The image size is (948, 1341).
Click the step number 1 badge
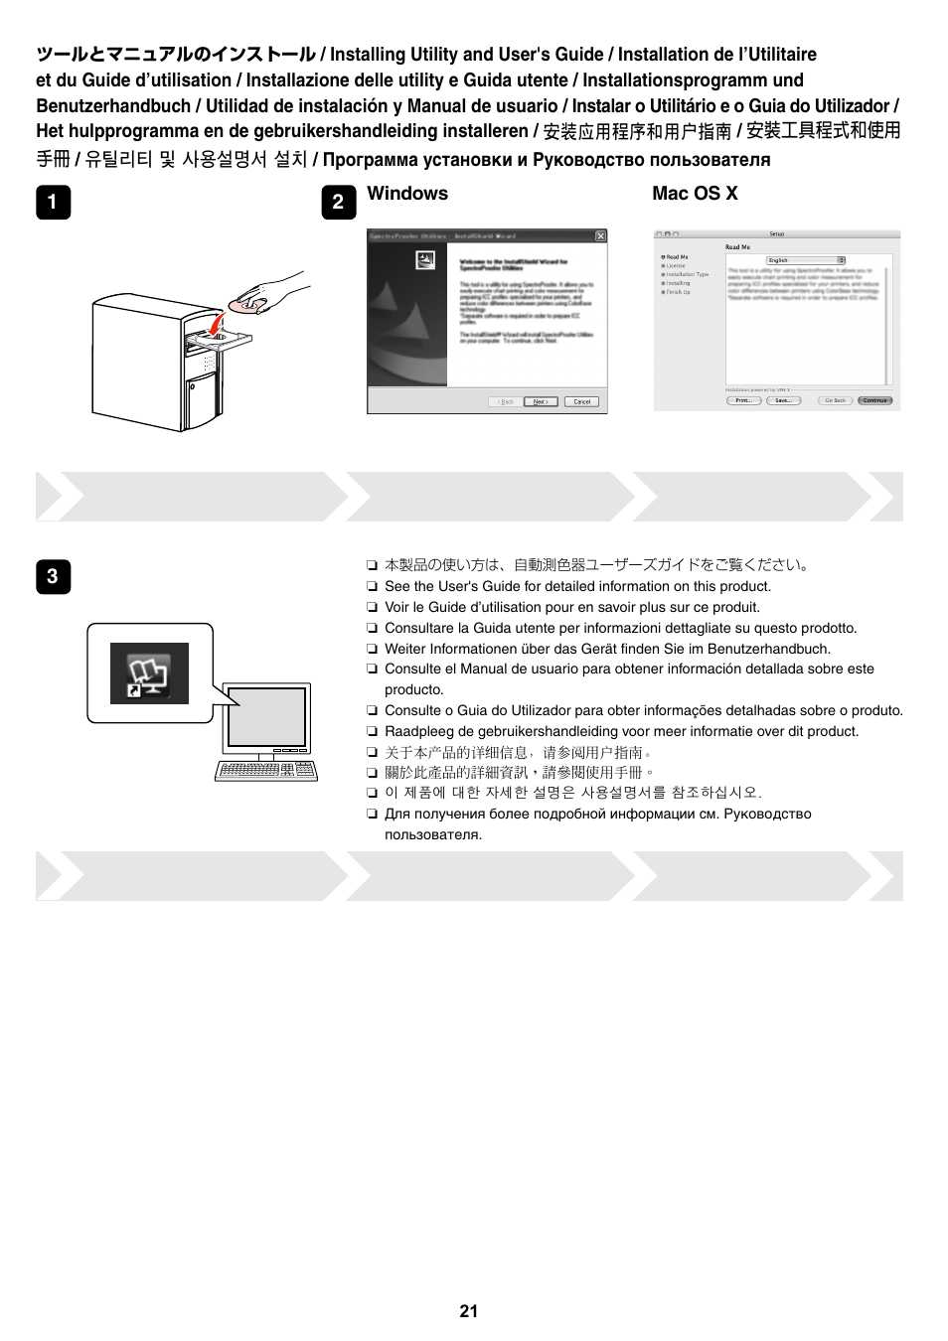coord(53,202)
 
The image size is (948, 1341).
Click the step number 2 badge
coord(338,202)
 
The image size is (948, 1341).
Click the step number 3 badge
coord(53,576)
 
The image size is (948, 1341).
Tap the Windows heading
coord(407,194)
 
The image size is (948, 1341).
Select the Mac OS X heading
coord(695,194)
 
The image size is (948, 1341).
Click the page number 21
coord(469,1311)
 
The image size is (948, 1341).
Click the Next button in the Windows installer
coord(540,402)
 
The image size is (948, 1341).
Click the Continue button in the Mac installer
coord(875,400)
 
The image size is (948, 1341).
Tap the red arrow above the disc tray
coord(218,325)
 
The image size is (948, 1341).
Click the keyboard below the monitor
coord(266,770)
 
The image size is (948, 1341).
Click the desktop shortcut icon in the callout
coord(149,673)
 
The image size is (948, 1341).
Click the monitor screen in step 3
coord(266,716)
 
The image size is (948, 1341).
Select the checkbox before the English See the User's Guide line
coord(373,587)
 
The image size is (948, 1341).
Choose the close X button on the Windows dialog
coord(600,236)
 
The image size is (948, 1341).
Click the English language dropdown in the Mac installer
coord(805,260)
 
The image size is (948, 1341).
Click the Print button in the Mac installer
coord(743,400)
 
